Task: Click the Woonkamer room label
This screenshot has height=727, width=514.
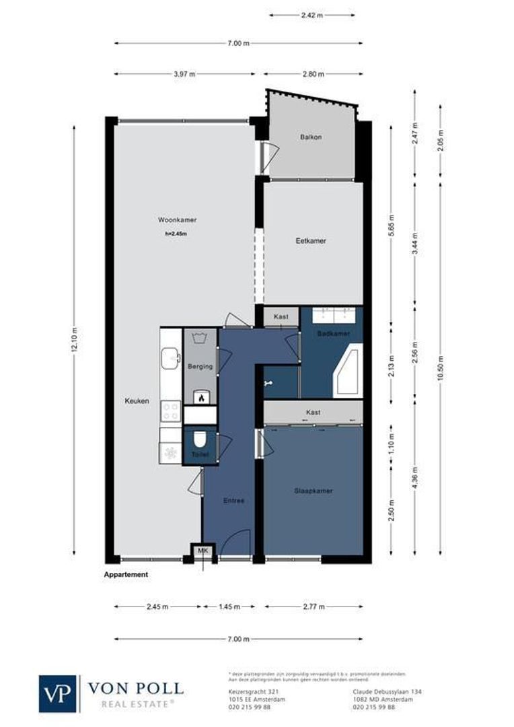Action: pos(177,220)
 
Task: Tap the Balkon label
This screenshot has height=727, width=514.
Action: pos(310,137)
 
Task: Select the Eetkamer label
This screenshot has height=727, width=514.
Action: pos(311,240)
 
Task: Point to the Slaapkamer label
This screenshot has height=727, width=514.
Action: pos(313,491)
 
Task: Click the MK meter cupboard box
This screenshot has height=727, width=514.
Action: pos(202,551)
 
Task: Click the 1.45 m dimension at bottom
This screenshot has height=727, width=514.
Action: pos(229,607)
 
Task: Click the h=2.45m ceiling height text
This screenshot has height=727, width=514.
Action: pos(176,234)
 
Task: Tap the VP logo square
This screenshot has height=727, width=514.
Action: pos(58,693)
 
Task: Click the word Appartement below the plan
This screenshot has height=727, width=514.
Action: pos(126,575)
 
